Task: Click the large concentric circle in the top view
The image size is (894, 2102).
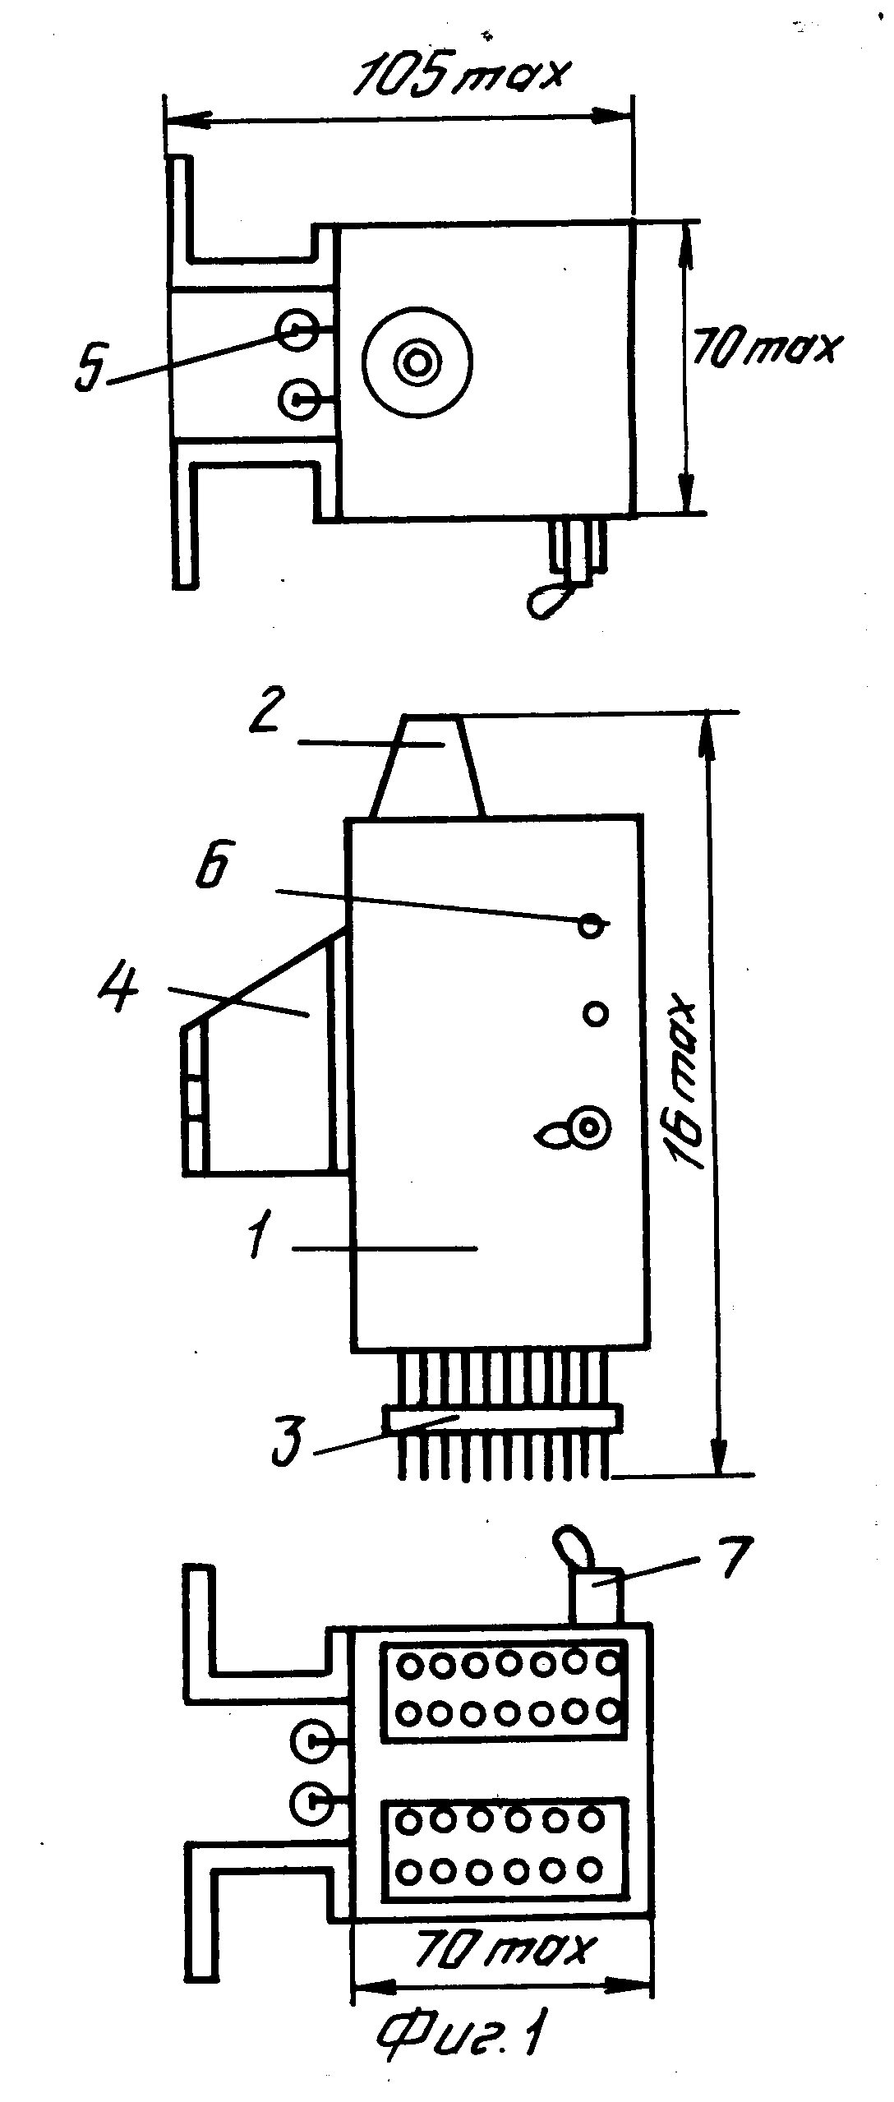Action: pyautogui.click(x=417, y=361)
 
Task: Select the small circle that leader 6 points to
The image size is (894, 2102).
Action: pyautogui.click(x=591, y=926)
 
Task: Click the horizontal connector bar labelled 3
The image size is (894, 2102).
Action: pyautogui.click(x=501, y=1419)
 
